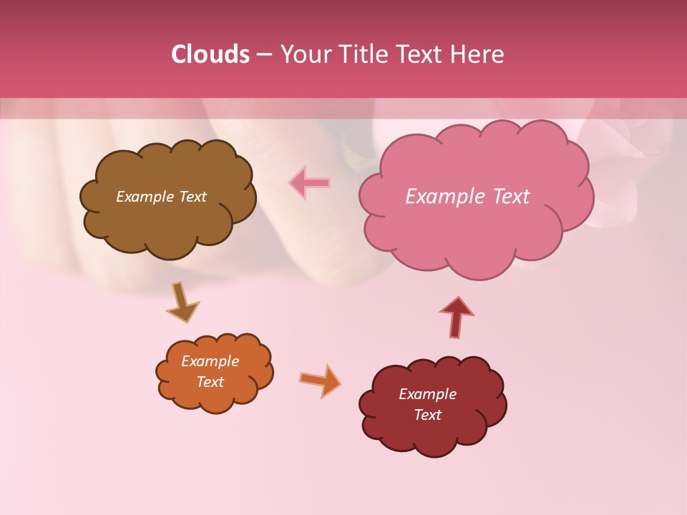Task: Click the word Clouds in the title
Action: pyautogui.click(x=210, y=54)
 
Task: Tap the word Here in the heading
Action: pyautogui.click(x=479, y=54)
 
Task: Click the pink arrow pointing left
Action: pyautogui.click(x=309, y=183)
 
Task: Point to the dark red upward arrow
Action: pyautogui.click(x=457, y=316)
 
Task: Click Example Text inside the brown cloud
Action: pyautogui.click(x=161, y=197)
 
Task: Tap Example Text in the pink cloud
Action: pyautogui.click(x=467, y=197)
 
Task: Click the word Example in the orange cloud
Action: pyautogui.click(x=210, y=361)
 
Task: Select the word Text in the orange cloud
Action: pyautogui.click(x=210, y=382)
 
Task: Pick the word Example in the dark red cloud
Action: pyautogui.click(x=427, y=394)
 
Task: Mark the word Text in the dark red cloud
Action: pyautogui.click(x=427, y=415)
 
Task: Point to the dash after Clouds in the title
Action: pyautogui.click(x=263, y=55)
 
